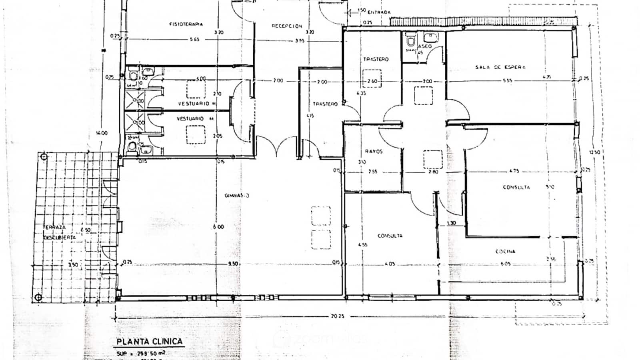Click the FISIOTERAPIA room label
[x=186, y=24]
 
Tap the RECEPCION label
[x=287, y=26]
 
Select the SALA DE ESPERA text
[x=500, y=67]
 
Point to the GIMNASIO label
[x=237, y=196]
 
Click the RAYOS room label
[x=374, y=152]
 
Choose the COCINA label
[x=505, y=251]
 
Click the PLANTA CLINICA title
[x=150, y=342]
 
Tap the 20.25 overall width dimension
[x=337, y=316]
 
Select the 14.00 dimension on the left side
[x=102, y=133]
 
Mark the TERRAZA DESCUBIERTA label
[x=59, y=232]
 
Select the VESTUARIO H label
[x=196, y=104]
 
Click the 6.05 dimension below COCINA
[x=505, y=264]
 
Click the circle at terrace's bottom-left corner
[x=38, y=297]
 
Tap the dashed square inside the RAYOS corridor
[x=433, y=159]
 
